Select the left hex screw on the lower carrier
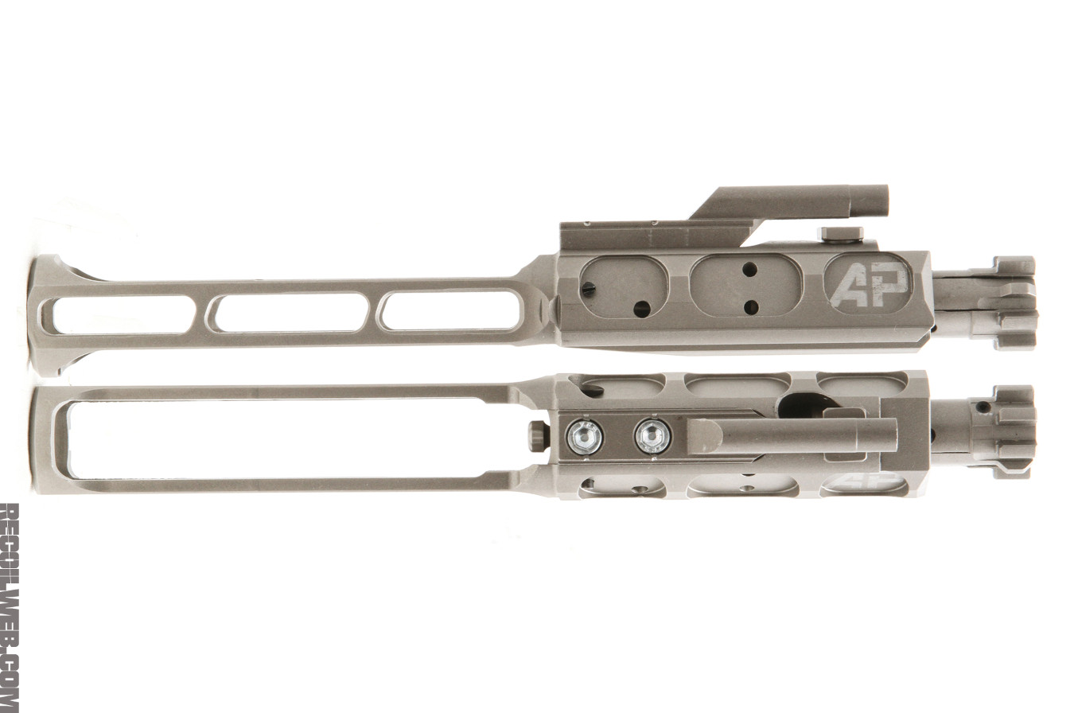(x=585, y=436)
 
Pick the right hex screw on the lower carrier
(x=653, y=436)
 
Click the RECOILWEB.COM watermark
(x=9, y=607)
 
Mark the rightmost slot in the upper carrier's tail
(x=451, y=310)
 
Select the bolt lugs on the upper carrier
(x=1010, y=303)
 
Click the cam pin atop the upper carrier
(x=840, y=233)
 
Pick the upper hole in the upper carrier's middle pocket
(x=749, y=270)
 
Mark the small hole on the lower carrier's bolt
(x=985, y=407)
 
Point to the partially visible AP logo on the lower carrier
(x=863, y=482)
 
